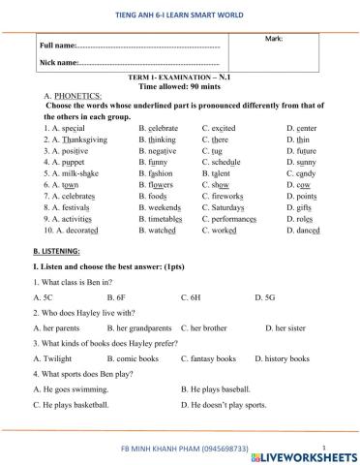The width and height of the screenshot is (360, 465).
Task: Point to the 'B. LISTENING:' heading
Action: [x=58, y=250]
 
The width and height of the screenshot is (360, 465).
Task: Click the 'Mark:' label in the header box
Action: [x=273, y=38]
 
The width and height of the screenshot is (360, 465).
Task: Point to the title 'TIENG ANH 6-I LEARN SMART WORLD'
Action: [x=181, y=11]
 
